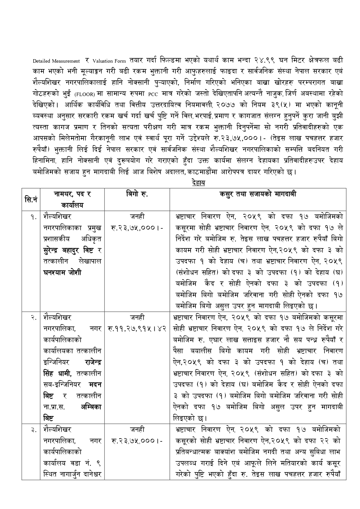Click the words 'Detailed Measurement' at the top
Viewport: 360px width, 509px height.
pyautogui.click(x=56, y=61)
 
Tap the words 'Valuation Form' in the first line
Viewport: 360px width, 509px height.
pyautogui.click(x=109, y=61)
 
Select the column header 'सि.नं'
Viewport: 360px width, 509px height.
pyautogui.click(x=31, y=199)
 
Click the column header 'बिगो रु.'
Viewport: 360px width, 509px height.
pyautogui.click(x=137, y=194)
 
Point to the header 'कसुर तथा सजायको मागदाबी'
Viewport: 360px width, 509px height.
pyautogui.click(x=258, y=194)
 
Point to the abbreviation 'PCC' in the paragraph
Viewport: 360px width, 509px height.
pyautogui.click(x=153, y=95)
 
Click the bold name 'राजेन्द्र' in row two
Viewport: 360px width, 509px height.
pyautogui.click(x=93, y=362)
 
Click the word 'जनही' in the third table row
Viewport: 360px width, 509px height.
pyautogui.click(x=137, y=429)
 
